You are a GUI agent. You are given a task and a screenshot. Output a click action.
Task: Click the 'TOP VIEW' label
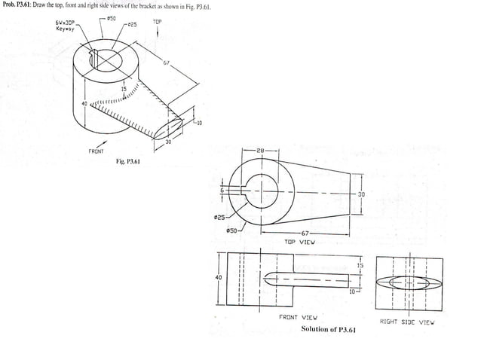(299, 243)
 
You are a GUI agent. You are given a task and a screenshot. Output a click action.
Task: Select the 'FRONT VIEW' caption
(299, 318)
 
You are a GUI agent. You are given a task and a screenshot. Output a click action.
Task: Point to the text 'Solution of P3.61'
(329, 330)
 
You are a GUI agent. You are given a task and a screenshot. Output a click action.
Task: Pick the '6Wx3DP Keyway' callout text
(65, 27)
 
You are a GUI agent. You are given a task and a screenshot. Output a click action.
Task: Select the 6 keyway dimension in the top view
(222, 190)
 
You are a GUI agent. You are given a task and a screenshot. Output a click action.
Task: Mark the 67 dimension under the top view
(305, 233)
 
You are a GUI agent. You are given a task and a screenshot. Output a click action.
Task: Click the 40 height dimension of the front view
(219, 277)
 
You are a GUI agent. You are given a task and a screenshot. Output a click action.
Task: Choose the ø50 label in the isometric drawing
(111, 17)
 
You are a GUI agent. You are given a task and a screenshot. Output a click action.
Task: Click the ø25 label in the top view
(218, 218)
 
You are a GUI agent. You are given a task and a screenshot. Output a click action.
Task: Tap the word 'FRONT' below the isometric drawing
(96, 151)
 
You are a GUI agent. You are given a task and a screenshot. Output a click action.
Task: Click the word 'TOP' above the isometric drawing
(157, 22)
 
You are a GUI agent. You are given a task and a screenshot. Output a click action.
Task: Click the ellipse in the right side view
(407, 283)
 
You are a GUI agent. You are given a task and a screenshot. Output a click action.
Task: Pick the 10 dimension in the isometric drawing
(199, 123)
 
